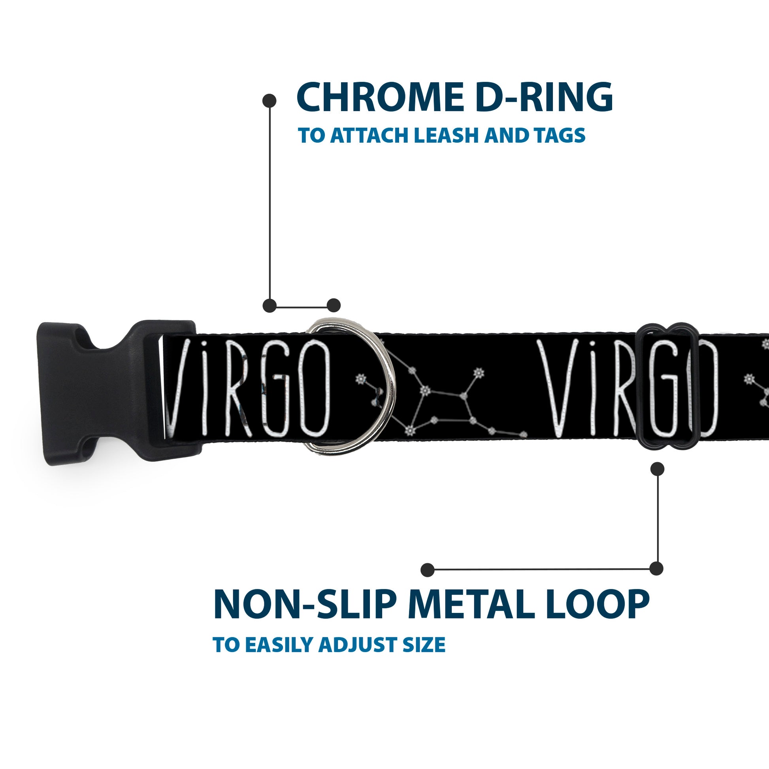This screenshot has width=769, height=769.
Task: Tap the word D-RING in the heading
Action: [x=544, y=97]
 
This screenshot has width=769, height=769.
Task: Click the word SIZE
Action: [x=424, y=645]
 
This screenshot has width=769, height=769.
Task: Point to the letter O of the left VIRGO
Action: [x=315, y=388]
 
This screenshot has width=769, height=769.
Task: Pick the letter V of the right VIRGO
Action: [x=555, y=388]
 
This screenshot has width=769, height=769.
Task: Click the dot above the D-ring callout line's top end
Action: [x=270, y=101]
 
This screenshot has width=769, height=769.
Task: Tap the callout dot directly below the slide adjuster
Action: [x=657, y=469]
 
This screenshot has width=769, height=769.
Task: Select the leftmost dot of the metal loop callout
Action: [x=428, y=569]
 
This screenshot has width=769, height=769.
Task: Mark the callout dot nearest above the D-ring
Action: [x=334, y=306]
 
